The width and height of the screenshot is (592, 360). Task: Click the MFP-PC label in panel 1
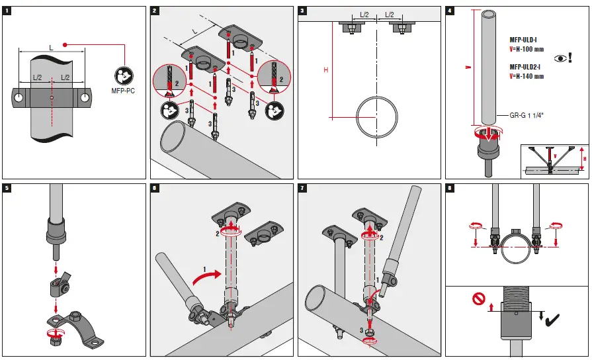pyautogui.click(x=124, y=91)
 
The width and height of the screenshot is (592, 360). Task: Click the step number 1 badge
pyautogui.click(x=7, y=11)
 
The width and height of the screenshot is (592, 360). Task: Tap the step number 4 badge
pyautogui.click(x=450, y=11)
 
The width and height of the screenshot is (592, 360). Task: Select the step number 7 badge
pyautogui.click(x=302, y=189)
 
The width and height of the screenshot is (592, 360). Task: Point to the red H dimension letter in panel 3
pyautogui.click(x=325, y=69)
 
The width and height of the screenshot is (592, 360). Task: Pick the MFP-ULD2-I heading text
pyautogui.click(x=527, y=67)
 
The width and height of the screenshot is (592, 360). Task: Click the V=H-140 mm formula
pyautogui.click(x=527, y=76)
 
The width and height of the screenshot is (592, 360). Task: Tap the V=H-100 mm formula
pyautogui.click(x=527, y=49)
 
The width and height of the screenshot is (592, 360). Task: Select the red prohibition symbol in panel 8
pyautogui.click(x=478, y=299)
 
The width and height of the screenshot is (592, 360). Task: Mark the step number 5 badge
pyautogui.click(x=7, y=189)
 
